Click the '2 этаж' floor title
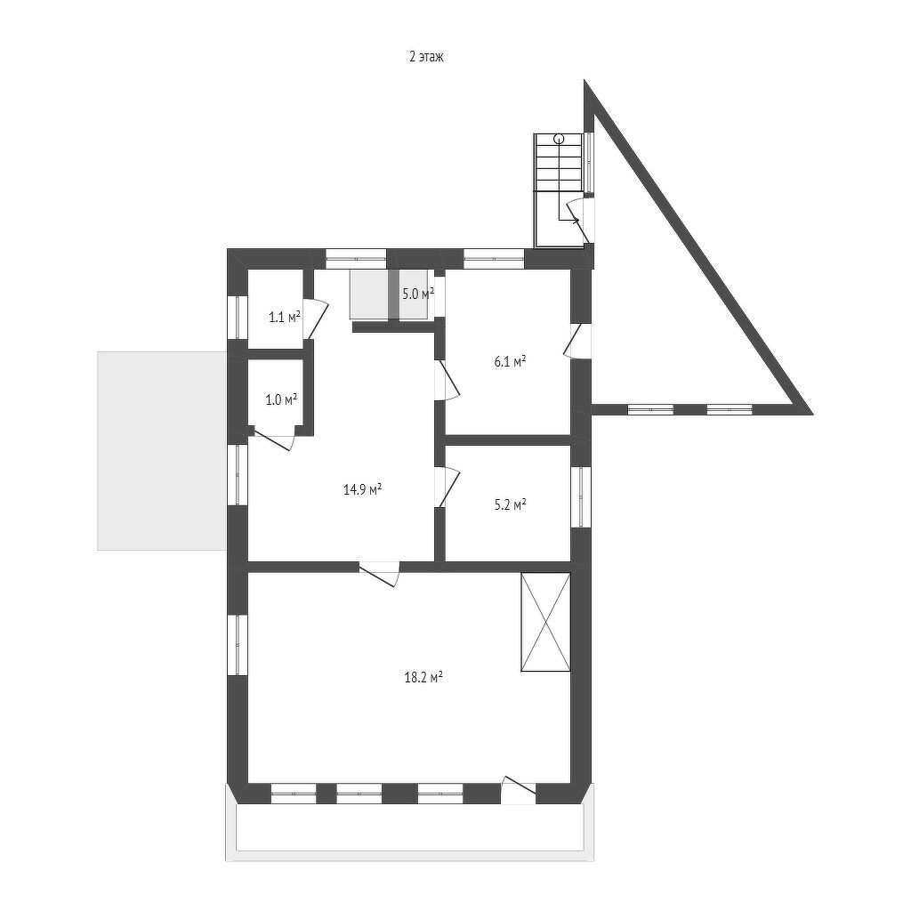coord(426,57)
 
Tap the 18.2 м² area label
coord(423,676)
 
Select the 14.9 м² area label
coord(363,488)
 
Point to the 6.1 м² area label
coord(510,361)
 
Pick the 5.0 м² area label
coord(418,294)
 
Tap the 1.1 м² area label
coord(284,317)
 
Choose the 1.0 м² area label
coord(281,399)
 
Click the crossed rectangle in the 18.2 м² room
coord(545,622)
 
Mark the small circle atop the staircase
coord(559,138)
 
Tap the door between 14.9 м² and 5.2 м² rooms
coord(447,487)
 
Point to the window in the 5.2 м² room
coord(580,496)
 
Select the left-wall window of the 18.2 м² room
coord(238,644)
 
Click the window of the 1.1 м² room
coord(238,317)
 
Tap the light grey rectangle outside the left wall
coord(162,450)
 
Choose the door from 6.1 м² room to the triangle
coord(577,343)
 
